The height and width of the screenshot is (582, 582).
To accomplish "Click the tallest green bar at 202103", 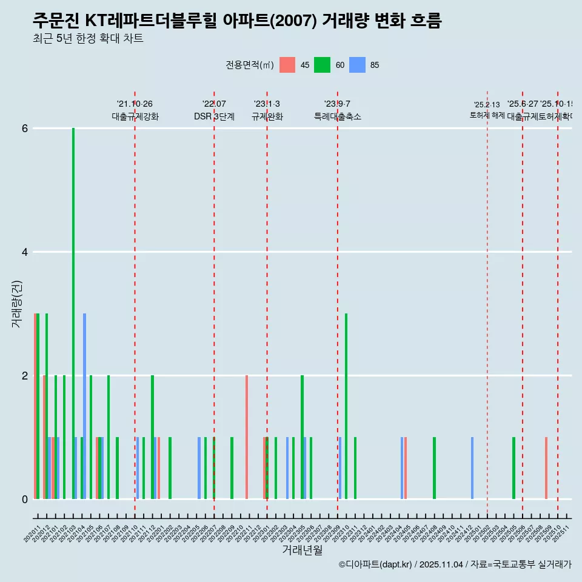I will tap(73, 313).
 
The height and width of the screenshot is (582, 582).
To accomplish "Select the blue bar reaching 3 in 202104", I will tap(85, 406).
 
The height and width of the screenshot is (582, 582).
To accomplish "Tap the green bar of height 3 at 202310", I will tap(346, 406).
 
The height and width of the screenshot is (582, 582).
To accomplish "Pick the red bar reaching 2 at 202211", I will tap(247, 437).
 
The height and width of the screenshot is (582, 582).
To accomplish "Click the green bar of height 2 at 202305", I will tap(302, 437).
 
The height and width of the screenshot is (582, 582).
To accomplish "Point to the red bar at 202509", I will tap(546, 468).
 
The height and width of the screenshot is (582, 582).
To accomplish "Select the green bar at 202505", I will tap(513, 468).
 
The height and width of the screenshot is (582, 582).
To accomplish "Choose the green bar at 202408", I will tap(434, 468).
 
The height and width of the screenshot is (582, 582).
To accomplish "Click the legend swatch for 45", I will tap(287, 65).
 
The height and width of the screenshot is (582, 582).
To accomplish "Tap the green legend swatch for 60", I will tap(322, 65).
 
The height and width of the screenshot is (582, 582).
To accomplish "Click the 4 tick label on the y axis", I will tap(25, 252).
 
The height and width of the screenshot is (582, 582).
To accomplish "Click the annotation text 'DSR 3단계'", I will tap(214, 116).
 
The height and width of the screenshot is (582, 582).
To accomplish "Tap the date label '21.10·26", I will tap(135, 104).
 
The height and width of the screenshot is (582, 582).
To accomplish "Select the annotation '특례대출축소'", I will tap(337, 116).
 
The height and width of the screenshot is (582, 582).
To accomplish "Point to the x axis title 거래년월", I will tap(302, 550).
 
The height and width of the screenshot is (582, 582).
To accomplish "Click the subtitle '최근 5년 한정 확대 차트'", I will tap(88, 39).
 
